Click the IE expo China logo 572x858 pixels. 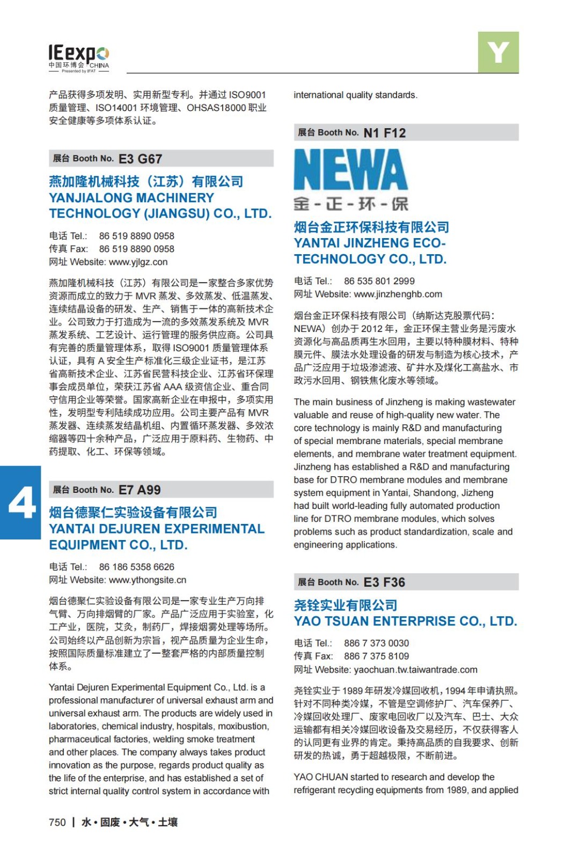[79, 58]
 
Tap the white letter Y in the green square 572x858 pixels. [498, 52]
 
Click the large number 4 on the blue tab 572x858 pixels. [21, 503]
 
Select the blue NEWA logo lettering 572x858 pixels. [350, 169]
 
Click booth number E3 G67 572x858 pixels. [140, 159]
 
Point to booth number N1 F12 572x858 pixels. [385, 133]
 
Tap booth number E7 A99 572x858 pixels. [140, 490]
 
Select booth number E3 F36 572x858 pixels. [384, 582]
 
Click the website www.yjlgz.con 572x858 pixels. [138, 262]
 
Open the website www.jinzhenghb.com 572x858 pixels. [398, 294]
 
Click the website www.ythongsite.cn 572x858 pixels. [148, 580]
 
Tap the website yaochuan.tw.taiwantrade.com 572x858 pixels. [415, 670]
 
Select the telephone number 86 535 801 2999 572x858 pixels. [379, 281]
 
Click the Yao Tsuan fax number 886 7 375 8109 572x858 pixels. [376, 656]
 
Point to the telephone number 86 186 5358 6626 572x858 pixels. [136, 567]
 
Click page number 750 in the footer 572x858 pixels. [57, 822]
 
